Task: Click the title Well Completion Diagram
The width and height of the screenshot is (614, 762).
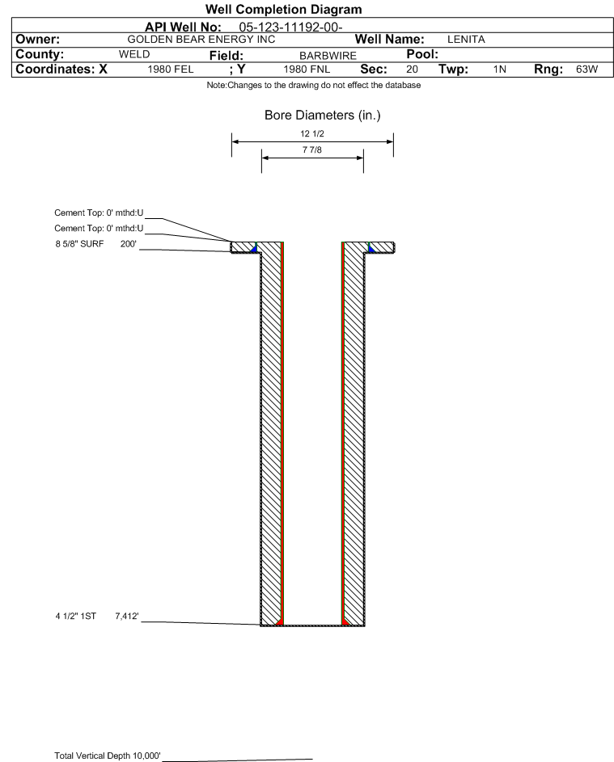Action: pyautogui.click(x=284, y=9)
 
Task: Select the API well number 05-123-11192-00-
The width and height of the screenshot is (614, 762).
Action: pyautogui.click(x=291, y=27)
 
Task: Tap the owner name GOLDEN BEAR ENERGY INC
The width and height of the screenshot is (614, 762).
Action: pyautogui.click(x=201, y=40)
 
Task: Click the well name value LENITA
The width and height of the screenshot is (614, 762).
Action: pyautogui.click(x=466, y=40)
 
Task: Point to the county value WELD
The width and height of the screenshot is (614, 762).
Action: pyautogui.click(x=134, y=54)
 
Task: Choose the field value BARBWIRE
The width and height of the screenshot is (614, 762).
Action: pyautogui.click(x=328, y=56)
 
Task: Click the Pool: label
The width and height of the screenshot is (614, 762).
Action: pyautogui.click(x=422, y=54)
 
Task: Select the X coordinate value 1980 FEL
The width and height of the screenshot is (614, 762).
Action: pyautogui.click(x=171, y=69)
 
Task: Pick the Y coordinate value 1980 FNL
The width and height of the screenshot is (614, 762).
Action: pyautogui.click(x=307, y=69)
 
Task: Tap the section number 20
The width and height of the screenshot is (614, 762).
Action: pyautogui.click(x=412, y=69)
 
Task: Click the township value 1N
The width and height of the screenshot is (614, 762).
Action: pyautogui.click(x=500, y=69)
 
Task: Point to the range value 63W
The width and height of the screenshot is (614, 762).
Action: pyautogui.click(x=586, y=69)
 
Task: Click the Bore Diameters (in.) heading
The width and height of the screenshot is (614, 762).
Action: pyautogui.click(x=323, y=116)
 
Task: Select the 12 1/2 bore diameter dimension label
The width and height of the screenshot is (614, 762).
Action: pyautogui.click(x=312, y=133)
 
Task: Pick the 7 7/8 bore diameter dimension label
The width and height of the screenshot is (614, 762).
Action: pyautogui.click(x=312, y=149)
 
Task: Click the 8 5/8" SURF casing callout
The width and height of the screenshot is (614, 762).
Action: pyautogui.click(x=79, y=244)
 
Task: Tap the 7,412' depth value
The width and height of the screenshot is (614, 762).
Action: pyautogui.click(x=127, y=617)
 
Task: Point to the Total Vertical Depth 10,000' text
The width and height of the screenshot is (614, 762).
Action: pyautogui.click(x=108, y=756)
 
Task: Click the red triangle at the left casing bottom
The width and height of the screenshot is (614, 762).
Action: pyautogui.click(x=279, y=622)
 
